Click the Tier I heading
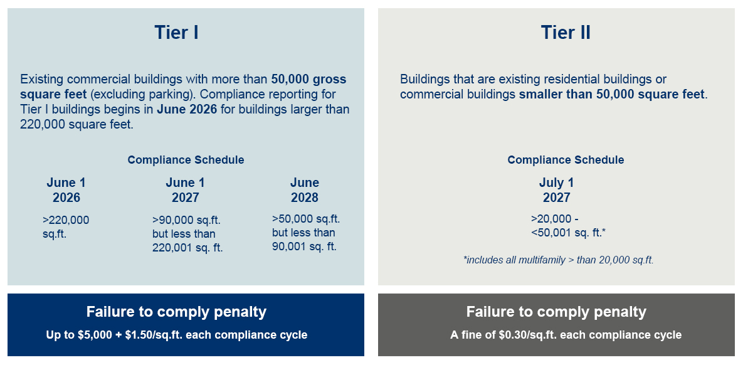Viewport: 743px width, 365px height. point(176,33)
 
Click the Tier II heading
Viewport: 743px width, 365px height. point(566,33)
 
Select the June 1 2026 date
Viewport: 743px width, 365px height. point(66,190)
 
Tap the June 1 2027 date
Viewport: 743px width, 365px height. point(185,190)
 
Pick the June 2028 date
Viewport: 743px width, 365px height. point(305,190)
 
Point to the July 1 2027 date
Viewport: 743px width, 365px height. point(556,190)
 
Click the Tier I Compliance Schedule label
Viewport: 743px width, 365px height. point(186,160)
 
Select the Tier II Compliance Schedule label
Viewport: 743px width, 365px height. point(566,160)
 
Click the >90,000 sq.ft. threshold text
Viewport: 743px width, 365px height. point(187,234)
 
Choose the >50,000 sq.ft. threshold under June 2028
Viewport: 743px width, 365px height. point(306,233)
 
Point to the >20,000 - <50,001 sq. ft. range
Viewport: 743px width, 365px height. point(567,226)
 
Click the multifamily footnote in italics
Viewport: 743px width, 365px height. point(559,260)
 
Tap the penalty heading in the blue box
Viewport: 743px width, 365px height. point(176,312)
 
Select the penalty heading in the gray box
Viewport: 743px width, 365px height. point(556,312)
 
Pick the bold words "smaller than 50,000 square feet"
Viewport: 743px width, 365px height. point(612,95)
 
